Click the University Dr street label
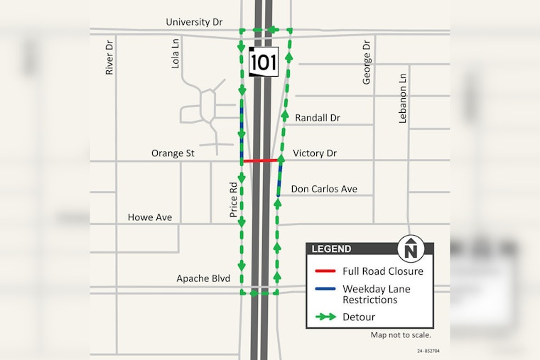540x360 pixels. [x=194, y=22]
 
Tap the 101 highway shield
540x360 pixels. [x=263, y=62]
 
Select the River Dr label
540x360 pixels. [x=109, y=58]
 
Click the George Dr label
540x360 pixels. [x=367, y=62]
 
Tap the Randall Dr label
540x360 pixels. [x=318, y=117]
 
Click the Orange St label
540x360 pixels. [x=173, y=153]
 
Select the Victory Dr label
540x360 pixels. [x=314, y=153]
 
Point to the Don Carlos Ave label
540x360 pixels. [x=324, y=189]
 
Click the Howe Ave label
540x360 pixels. [x=149, y=217]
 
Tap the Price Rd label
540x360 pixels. [x=232, y=197]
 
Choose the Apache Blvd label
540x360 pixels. [x=203, y=278]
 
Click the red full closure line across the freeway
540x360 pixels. [x=260, y=160]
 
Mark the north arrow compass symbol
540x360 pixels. [x=410, y=249]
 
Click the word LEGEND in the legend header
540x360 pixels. [x=331, y=249]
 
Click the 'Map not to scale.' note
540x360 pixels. [x=401, y=335]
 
